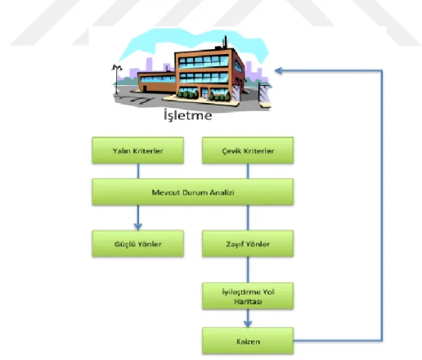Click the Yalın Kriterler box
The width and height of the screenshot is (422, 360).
tap(138, 151)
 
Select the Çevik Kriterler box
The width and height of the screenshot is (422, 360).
tap(248, 151)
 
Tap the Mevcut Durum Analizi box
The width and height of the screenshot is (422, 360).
tap(193, 192)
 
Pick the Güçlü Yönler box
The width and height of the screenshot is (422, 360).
tap(138, 244)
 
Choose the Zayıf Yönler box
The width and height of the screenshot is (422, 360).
tap(248, 244)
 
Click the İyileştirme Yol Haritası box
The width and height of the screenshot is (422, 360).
tap(248, 296)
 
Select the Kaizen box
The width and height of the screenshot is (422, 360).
tap(248, 341)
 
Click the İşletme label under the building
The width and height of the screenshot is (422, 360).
tap(188, 115)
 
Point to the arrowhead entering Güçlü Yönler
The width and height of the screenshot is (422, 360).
tap(138, 227)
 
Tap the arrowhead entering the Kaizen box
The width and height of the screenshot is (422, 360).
tap(248, 324)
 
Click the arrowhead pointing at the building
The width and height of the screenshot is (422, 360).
tap(278, 71)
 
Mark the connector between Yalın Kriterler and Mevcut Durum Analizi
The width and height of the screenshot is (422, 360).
tap(138, 171)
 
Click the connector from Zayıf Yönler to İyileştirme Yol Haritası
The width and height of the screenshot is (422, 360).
tap(248, 270)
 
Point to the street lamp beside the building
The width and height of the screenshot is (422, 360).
tap(117, 79)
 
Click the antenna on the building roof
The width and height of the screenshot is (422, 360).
tap(225, 43)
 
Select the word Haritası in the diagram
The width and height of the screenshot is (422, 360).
tap(248, 302)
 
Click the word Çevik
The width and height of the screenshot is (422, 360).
tap(230, 151)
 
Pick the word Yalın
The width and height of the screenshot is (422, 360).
tap(121, 151)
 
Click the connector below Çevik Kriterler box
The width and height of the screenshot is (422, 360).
tap(248, 171)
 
